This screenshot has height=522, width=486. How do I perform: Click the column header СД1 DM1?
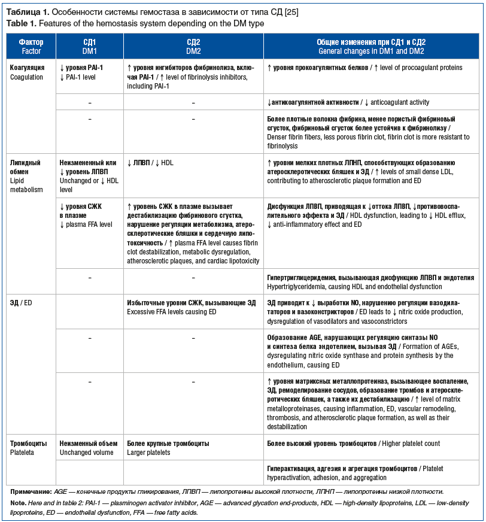[89, 47]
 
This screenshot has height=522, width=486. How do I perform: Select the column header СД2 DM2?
[193, 47]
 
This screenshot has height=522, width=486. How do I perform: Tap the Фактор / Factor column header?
[31, 47]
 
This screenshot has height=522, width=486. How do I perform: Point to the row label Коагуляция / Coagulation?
[27, 72]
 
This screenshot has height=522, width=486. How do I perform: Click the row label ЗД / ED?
[21, 303]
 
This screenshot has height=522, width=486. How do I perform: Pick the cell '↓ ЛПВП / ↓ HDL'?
[151, 163]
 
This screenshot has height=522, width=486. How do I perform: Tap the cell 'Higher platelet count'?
[353, 444]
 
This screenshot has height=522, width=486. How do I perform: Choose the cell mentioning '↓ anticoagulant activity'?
[348, 102]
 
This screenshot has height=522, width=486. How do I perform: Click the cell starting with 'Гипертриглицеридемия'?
[361, 282]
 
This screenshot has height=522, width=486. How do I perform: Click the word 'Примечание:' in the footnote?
[31, 491]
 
